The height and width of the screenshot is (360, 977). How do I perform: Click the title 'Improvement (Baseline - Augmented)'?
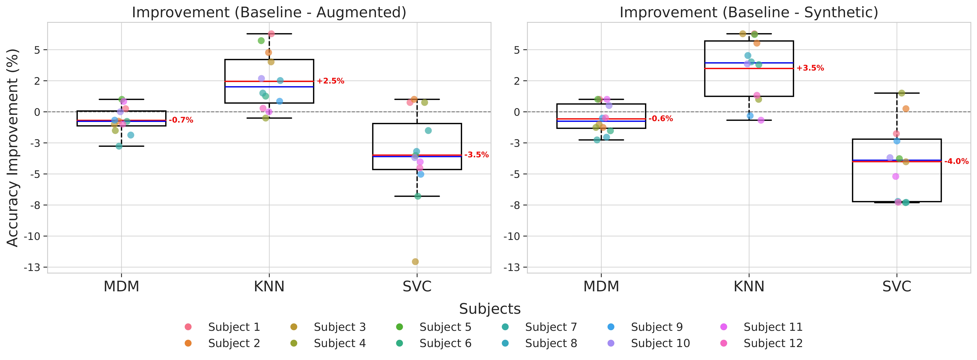coord(269,13)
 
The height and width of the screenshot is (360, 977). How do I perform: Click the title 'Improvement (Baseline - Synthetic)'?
coord(749,13)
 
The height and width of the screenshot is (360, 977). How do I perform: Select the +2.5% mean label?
coord(330,81)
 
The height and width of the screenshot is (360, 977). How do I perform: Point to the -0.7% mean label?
coord(181,120)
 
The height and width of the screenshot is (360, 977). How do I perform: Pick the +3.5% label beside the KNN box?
coord(810,68)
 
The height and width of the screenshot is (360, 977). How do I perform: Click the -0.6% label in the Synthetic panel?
coord(661,119)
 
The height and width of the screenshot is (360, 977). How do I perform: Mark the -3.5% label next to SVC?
coord(476,155)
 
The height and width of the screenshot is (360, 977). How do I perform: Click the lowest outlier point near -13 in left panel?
coord(415,262)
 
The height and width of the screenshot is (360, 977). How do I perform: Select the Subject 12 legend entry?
coord(773,343)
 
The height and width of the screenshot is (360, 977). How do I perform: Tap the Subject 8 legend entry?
coord(551,343)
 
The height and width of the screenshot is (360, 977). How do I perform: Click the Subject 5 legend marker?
coord(399,327)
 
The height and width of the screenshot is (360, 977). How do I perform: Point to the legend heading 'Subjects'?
coord(490,309)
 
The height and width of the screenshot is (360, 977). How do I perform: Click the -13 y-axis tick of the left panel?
coord(32,267)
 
